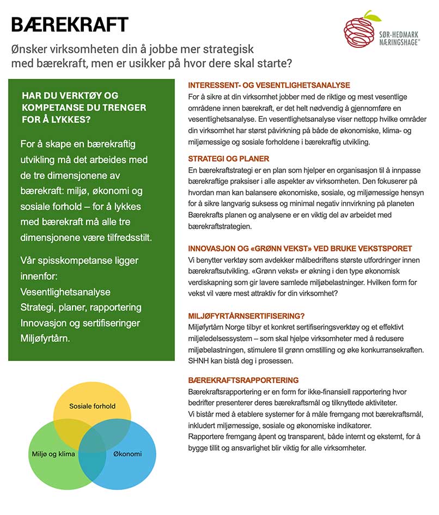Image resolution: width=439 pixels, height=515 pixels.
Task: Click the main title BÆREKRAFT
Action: coord(70,24)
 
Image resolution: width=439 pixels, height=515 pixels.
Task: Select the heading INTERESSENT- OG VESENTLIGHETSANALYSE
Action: coord(269,85)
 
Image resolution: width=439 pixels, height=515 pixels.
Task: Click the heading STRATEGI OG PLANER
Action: coord(229,159)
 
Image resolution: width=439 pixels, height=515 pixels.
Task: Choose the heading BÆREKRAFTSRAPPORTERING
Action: coord(243,380)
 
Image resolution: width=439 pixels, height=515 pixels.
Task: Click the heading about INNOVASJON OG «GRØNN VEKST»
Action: coord(300,248)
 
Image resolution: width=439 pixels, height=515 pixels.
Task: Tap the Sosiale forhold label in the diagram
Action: coord(92,406)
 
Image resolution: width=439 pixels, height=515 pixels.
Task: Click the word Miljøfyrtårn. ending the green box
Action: coord(50,338)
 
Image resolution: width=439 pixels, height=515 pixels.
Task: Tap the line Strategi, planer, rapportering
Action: coord(81,308)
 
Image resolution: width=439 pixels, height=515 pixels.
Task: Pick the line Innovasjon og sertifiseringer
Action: coord(80,323)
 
